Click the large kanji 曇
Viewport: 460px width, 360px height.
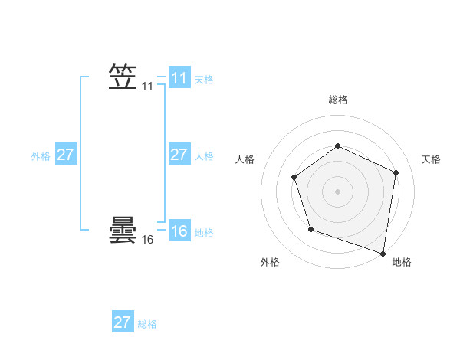point(123,230)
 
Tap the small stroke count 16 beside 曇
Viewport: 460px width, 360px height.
point(147,240)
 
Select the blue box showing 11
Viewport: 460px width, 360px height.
point(179,78)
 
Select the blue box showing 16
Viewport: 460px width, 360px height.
point(179,231)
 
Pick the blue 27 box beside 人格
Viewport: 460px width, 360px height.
point(179,155)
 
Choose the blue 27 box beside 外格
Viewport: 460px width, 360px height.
point(65,155)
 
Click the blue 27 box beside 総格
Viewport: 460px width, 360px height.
point(122,322)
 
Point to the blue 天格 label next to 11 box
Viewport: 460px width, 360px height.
point(204,80)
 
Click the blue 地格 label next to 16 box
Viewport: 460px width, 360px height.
point(204,233)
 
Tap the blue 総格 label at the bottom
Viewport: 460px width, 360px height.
point(147,323)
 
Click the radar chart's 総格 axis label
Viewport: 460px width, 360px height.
point(337,100)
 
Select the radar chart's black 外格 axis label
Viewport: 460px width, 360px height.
point(270,262)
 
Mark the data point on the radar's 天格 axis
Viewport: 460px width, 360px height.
point(396,172)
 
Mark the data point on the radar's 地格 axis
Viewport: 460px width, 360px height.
point(383,253)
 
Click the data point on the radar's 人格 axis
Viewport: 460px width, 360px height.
point(294,178)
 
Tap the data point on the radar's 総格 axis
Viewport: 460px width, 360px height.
point(337,146)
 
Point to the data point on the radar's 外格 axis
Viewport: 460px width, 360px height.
point(310,228)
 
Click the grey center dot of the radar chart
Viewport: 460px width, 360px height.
point(337,191)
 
